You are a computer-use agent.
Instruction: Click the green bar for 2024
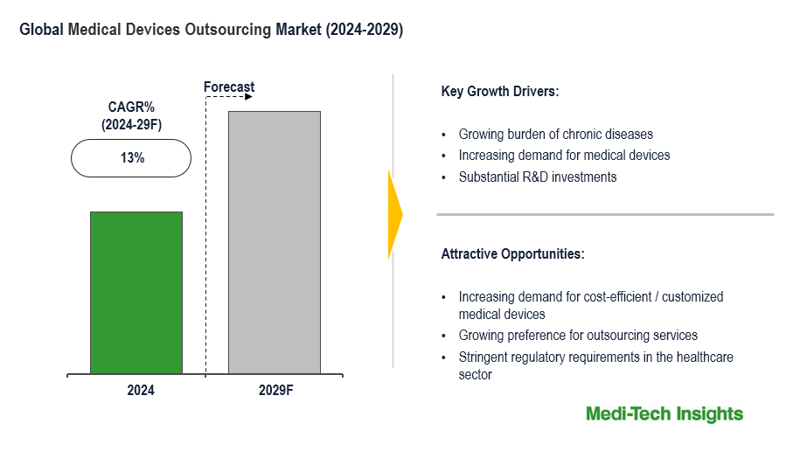(x=136, y=293)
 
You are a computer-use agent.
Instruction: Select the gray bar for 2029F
(x=275, y=243)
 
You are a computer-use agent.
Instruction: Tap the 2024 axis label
(x=140, y=391)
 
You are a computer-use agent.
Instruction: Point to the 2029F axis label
(x=275, y=391)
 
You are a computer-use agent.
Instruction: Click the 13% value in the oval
(x=131, y=158)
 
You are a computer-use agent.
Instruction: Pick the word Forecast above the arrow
(x=229, y=87)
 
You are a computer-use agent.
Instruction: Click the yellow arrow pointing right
(x=395, y=214)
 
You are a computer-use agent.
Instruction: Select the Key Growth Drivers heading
(x=499, y=91)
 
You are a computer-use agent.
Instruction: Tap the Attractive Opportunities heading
(x=512, y=254)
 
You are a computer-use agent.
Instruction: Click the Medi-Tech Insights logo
(x=664, y=414)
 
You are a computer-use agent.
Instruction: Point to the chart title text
(x=211, y=30)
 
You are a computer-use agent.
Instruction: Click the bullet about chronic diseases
(x=555, y=135)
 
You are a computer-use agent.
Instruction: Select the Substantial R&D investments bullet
(x=537, y=177)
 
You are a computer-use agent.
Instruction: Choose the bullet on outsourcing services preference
(x=577, y=336)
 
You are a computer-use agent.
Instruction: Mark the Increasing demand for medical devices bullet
(x=564, y=156)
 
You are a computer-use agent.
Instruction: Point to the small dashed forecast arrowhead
(x=248, y=97)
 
